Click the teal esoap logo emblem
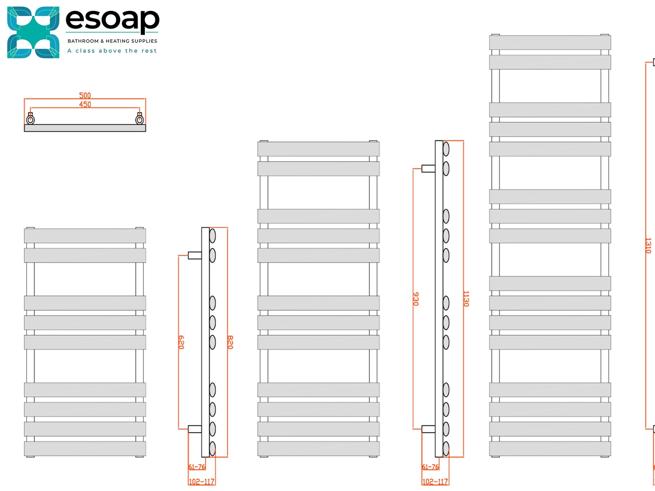33,32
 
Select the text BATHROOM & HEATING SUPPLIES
112,41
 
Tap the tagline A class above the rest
112,51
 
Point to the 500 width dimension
85,96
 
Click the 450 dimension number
85,105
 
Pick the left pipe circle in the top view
30,119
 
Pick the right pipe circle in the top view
139,119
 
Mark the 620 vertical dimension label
181,342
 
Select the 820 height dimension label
230,342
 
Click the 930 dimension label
416,299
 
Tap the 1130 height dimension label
466,299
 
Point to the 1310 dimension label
648,245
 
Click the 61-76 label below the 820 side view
197,467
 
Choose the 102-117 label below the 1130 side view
435,482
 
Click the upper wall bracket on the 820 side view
195,255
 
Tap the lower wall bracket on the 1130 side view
428,429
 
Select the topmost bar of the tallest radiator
550,43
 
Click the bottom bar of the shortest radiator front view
85,449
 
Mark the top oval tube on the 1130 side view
446,149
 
